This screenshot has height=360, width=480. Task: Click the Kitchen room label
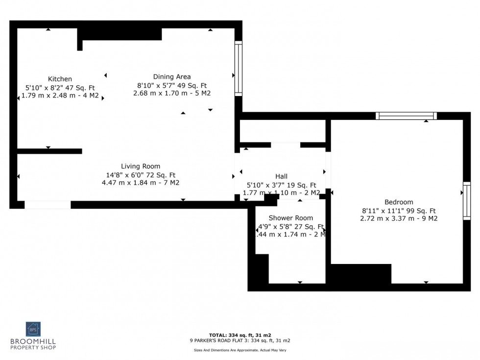click(60, 79)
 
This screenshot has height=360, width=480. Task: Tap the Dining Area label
click(172, 76)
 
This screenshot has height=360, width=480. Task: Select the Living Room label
click(141, 166)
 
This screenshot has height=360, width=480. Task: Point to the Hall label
click(281, 176)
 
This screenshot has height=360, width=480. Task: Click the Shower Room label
click(291, 217)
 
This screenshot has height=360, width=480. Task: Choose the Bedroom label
click(399, 202)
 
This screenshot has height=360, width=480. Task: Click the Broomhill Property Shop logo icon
click(33, 329)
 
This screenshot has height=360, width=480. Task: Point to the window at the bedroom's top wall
click(406, 116)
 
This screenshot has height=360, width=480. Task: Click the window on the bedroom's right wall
click(466, 201)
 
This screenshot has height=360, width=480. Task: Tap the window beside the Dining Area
click(239, 68)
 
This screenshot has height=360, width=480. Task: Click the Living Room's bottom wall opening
click(48, 205)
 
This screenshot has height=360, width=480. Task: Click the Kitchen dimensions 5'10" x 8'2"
click(47, 87)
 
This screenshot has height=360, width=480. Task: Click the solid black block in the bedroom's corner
click(361, 273)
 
